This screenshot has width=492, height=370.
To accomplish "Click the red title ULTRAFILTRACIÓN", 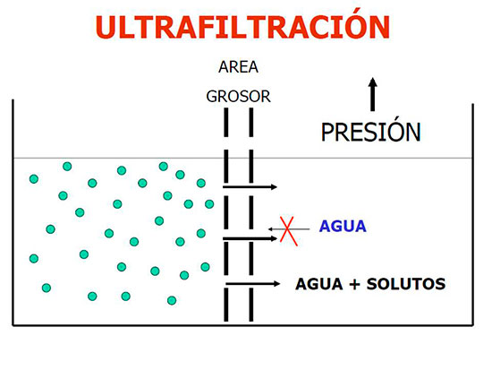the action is click(242, 26).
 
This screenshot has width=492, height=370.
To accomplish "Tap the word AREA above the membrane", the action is click(238, 67).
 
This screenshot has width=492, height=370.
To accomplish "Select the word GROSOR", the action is click(238, 96).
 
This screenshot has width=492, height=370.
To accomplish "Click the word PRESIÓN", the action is click(370, 132).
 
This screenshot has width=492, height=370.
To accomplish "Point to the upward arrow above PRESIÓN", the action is click(372, 94).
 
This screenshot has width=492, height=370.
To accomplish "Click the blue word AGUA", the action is click(343, 227).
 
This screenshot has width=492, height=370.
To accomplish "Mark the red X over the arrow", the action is click(288, 231).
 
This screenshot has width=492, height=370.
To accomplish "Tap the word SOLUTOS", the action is click(406, 284).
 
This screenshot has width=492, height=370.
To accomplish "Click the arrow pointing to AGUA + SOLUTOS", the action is click(252, 284).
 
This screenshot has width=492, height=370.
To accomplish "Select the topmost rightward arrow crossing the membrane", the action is click(250, 187).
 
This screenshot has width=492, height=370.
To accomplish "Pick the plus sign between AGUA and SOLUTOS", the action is click(354, 284).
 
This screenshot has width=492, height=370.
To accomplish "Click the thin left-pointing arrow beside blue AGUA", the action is click(289, 229).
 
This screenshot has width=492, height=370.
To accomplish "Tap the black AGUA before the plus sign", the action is click(319, 284).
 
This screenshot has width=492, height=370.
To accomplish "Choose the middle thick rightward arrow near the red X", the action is click(250, 239).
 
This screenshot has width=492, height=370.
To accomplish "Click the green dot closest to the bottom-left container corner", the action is click(47, 288).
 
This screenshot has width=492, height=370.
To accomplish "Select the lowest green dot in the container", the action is click(172, 300).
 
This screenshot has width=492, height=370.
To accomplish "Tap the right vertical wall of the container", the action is click(472, 215).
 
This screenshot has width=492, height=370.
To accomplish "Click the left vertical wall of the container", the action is click(13, 212).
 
